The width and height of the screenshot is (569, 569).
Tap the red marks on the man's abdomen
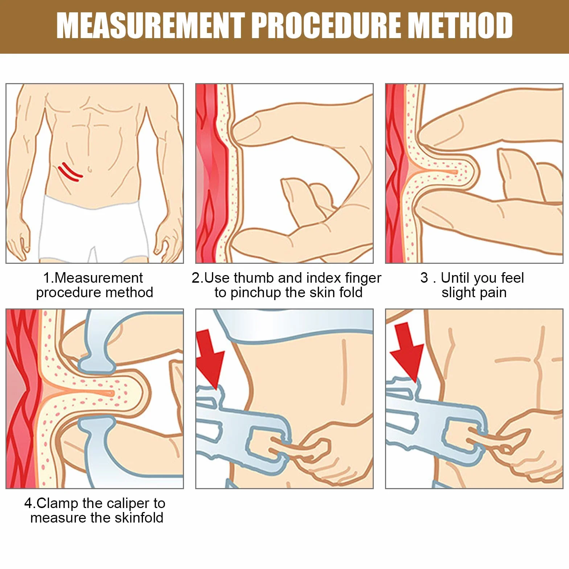point(70,172)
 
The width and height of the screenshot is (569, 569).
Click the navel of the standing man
point(89,169)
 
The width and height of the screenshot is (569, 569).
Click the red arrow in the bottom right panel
point(407,352)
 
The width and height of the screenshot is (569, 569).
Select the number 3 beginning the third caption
point(424,278)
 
